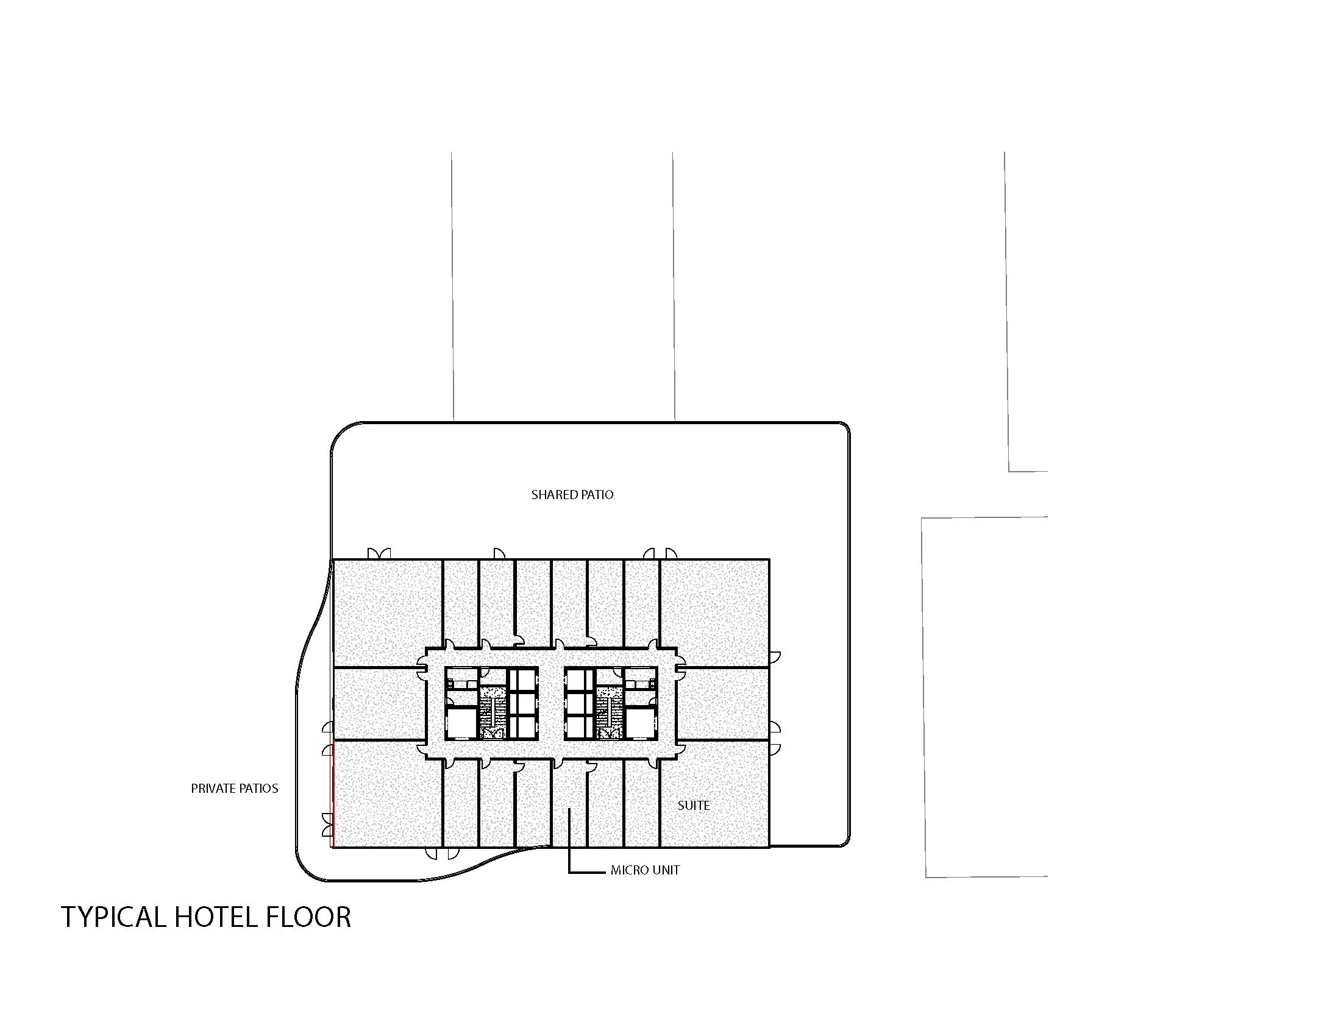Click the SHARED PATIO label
tap(572, 495)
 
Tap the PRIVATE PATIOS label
tap(235, 789)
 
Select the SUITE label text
tap(693, 805)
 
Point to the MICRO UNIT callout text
tap(645, 870)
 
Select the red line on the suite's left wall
tap(333, 795)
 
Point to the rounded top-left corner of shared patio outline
tap(341, 432)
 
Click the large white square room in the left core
tap(460, 721)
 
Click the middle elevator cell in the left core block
tap(522, 702)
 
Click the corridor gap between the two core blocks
tap(551, 703)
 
